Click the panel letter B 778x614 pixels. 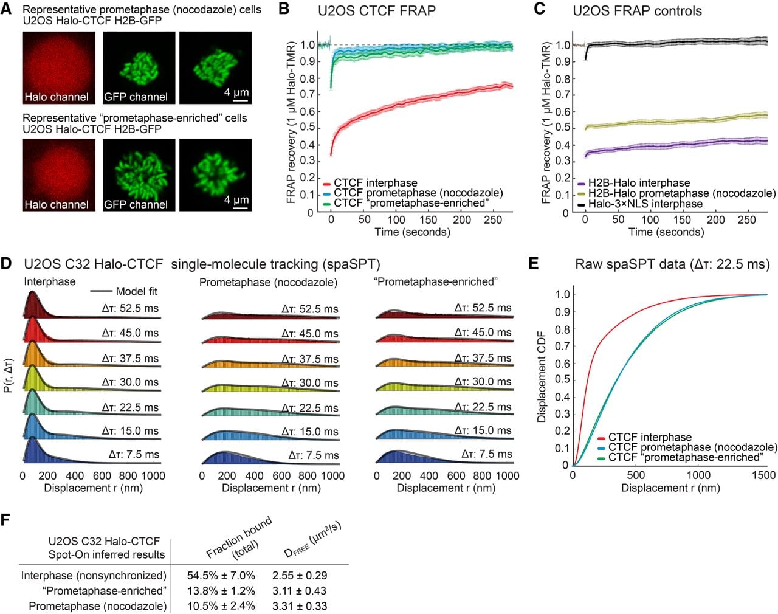pos(284,9)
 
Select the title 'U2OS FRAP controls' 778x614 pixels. pos(638,11)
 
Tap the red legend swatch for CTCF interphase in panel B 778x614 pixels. pos(327,184)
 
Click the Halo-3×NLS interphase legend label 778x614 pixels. pos(645,204)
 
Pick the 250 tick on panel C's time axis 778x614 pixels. pos(746,220)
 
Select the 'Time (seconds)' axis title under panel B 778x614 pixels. pos(413,232)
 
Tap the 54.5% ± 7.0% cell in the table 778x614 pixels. pos(221,575)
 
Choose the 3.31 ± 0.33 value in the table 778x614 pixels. pos(300,605)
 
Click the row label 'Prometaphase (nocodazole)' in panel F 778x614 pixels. pos(98,606)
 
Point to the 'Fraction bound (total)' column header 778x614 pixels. pos(240,538)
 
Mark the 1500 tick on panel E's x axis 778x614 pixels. pos(764,475)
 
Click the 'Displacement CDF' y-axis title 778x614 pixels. pos(541,376)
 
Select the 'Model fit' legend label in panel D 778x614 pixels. pos(136,291)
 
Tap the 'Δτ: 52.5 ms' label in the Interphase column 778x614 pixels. pos(130,308)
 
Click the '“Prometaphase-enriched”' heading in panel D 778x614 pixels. pos(436,281)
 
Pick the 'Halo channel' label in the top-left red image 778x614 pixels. pos(57,97)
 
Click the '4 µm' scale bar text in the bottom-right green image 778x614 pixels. pos(236,199)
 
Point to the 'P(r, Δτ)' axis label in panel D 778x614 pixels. pos(9,376)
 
